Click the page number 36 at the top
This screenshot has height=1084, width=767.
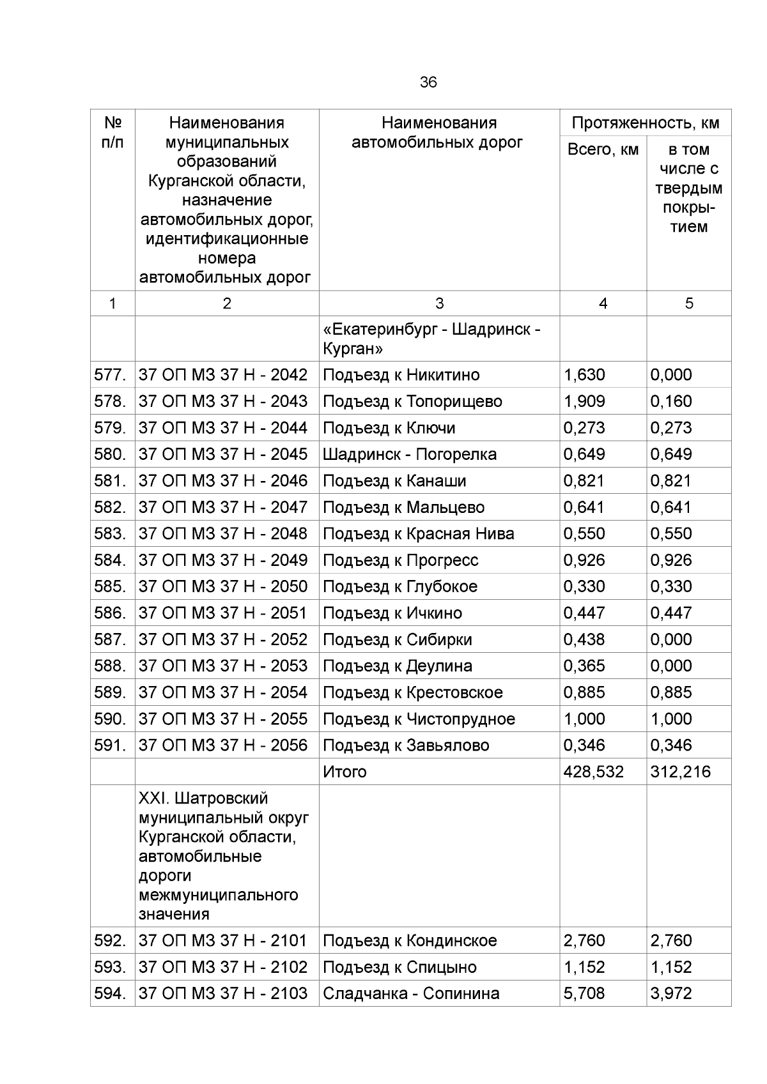(x=428, y=82)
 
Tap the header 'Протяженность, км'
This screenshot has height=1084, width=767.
(x=646, y=123)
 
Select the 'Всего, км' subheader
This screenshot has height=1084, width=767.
(x=603, y=149)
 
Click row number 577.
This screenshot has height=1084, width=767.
(x=110, y=375)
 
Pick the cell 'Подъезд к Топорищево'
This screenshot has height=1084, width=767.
(x=412, y=401)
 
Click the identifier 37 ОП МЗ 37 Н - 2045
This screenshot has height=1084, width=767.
(x=223, y=454)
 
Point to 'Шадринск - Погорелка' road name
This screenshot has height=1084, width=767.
(x=409, y=454)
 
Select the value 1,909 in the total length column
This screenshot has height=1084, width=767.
(x=584, y=401)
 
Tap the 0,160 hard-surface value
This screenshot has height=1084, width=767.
(x=670, y=401)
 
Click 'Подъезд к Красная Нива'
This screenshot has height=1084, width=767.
(x=418, y=533)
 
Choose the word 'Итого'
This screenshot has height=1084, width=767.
(x=345, y=772)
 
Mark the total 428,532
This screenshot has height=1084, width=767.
(x=593, y=772)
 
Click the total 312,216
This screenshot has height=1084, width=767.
(x=680, y=772)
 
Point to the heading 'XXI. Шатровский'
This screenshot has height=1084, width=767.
(x=203, y=798)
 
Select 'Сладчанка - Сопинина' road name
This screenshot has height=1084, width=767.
(x=411, y=993)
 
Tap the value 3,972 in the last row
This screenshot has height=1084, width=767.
(x=670, y=993)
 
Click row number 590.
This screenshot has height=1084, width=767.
(x=110, y=719)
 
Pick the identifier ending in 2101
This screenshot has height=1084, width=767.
(x=223, y=940)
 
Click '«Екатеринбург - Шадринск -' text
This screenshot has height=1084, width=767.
(x=432, y=330)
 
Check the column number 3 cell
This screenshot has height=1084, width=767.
(x=439, y=303)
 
